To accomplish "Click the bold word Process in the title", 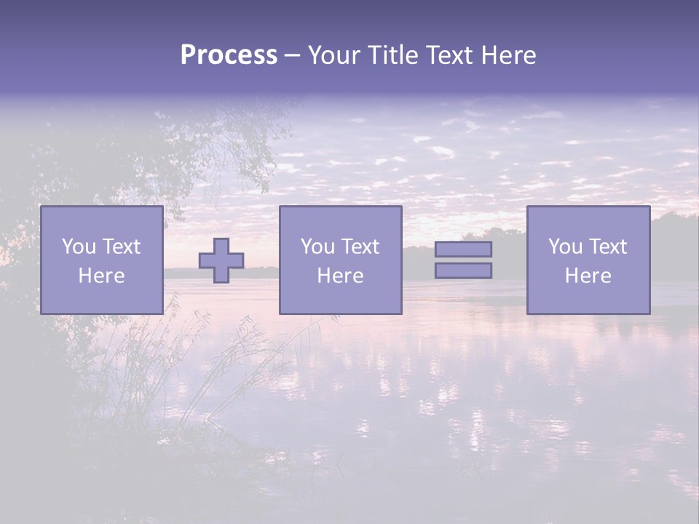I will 229,55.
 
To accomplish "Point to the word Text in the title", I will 453,55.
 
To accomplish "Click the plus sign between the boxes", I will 221,261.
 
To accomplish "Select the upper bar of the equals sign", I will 463,249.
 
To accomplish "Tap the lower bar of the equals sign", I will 463,271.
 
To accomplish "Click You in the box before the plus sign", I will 79,247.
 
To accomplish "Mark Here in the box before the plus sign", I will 101,276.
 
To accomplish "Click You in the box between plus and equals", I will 317,247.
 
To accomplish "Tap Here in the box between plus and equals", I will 340,276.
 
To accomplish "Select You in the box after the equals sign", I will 565,247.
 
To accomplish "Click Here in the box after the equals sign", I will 588,276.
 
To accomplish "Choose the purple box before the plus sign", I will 101,300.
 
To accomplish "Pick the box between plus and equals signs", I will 340,300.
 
